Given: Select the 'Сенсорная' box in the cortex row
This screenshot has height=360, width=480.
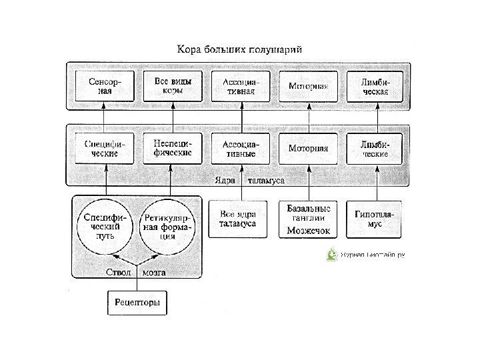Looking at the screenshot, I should [x=104, y=86].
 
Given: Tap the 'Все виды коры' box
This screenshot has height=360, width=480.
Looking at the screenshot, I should [x=173, y=86].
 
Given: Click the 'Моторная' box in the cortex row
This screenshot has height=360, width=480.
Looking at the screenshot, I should [x=309, y=87].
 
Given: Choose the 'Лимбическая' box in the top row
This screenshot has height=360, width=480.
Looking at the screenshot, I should [x=376, y=86].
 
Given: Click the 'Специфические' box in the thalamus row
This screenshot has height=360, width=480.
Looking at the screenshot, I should [x=104, y=147].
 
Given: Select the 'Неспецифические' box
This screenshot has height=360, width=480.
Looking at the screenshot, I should [x=173, y=147].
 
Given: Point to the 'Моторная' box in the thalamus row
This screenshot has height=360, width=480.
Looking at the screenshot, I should [x=309, y=148].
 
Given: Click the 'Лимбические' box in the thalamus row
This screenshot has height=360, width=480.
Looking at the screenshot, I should [x=376, y=148].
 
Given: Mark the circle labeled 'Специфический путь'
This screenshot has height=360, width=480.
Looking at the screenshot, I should [x=105, y=225].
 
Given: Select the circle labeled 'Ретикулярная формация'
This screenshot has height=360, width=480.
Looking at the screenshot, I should [x=167, y=225].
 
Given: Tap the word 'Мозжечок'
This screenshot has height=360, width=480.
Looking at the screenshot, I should [x=309, y=231].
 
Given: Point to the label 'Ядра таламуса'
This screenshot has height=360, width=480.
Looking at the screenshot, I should [x=248, y=181].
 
